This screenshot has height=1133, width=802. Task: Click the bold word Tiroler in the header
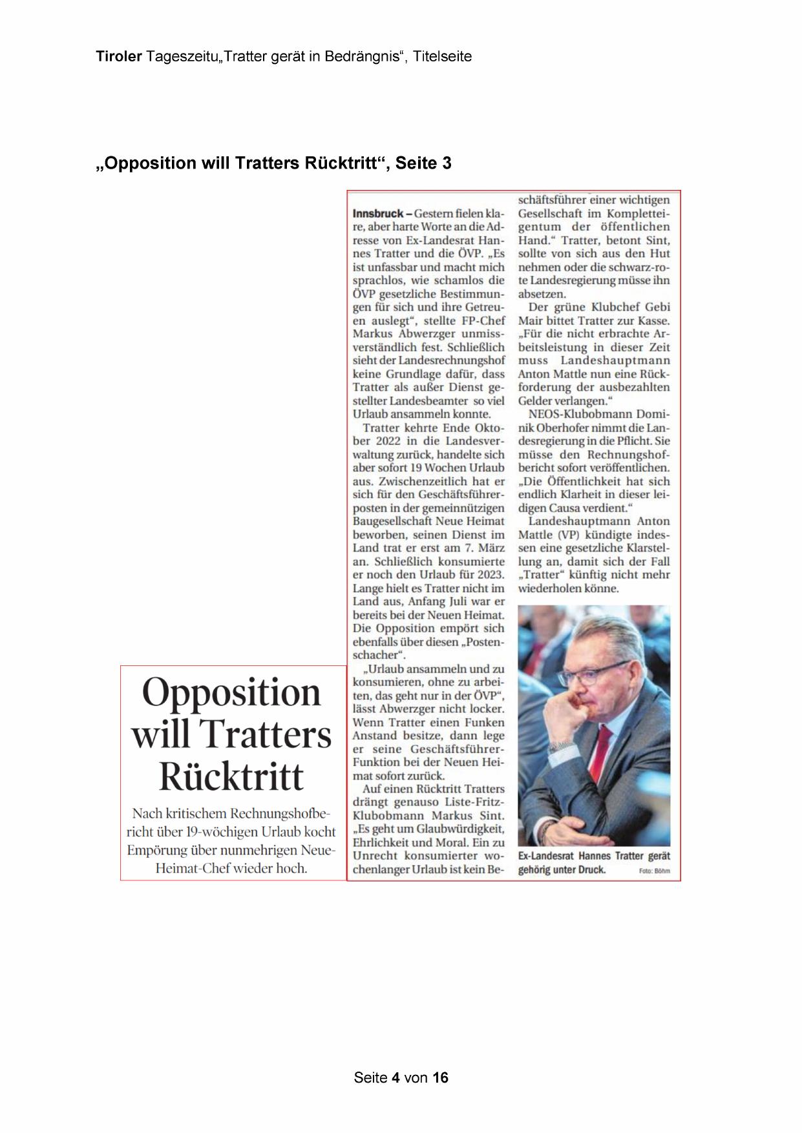(119, 57)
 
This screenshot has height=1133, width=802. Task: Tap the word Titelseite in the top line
(443, 57)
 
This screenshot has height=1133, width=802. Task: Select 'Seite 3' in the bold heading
(423, 163)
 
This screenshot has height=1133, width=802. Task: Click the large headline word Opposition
(231, 692)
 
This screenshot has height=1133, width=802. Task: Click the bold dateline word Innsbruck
(378, 213)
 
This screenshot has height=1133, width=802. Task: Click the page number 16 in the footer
(441, 1077)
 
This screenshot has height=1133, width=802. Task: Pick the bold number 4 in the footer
(396, 1077)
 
